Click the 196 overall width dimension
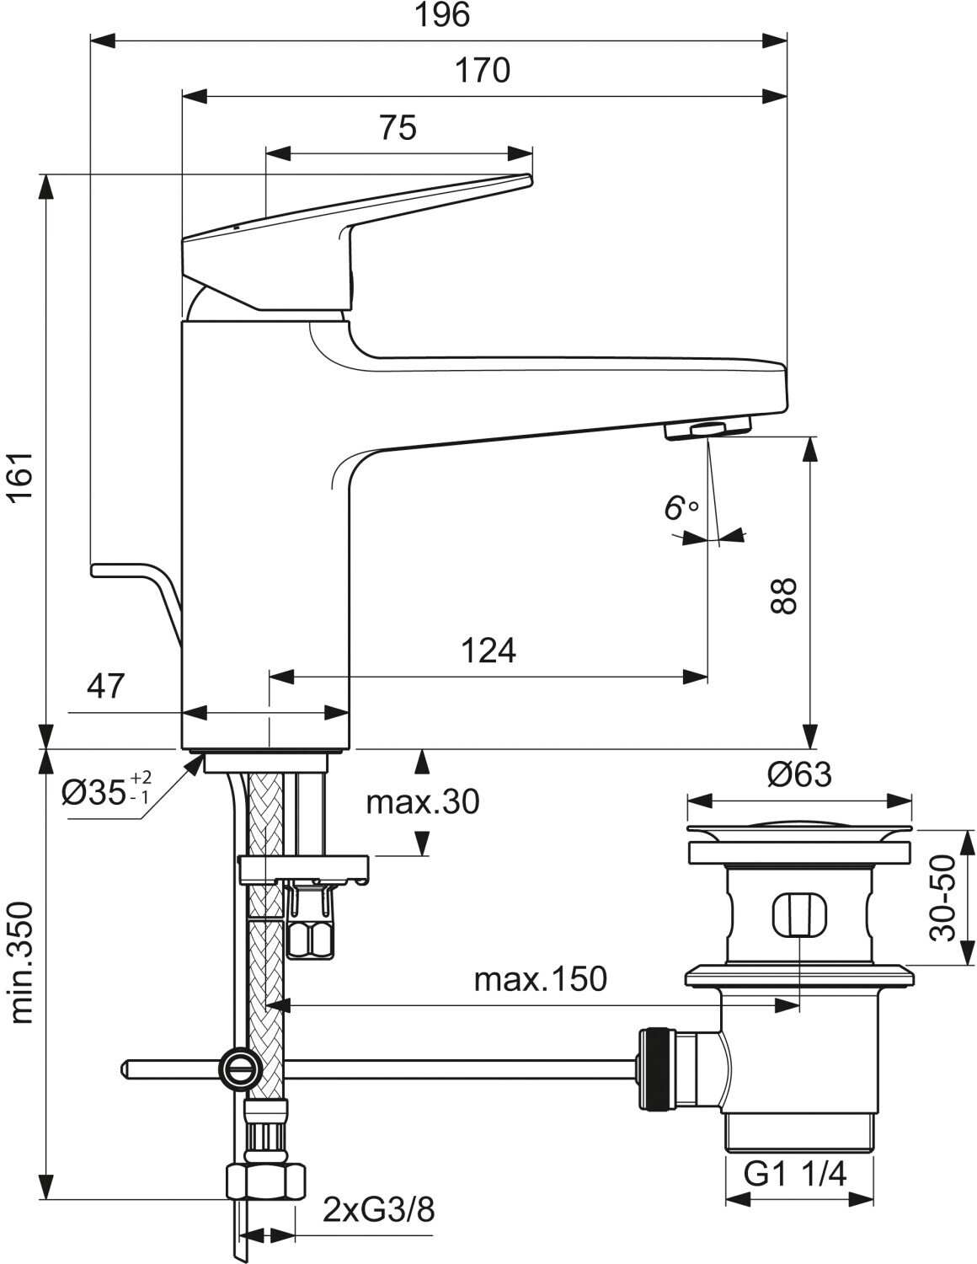pos(442,16)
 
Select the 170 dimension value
pos(483,71)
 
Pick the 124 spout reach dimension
pos(488,651)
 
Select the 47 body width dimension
pos(106,686)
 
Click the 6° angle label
pos(681,508)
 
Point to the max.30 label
pos(423,801)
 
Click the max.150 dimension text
pos(541,979)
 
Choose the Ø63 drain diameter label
pos(799,774)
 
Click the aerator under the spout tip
pos(707,431)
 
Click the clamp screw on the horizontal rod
pos(238,1067)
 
